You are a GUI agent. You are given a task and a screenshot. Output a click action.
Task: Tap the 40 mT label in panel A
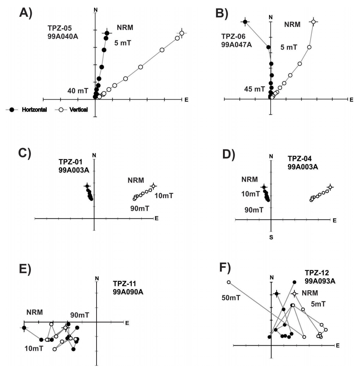78,91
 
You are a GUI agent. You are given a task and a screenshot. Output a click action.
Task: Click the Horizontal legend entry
34,110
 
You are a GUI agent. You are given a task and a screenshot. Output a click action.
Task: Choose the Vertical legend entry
78,110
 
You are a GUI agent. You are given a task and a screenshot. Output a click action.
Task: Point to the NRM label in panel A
125,28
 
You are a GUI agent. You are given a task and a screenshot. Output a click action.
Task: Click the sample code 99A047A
237,45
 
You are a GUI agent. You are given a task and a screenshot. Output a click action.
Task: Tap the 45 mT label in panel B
255,89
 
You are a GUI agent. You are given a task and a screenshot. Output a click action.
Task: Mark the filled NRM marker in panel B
245,22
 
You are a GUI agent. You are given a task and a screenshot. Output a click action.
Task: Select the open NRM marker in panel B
313,22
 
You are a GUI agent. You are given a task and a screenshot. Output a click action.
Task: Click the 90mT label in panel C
140,208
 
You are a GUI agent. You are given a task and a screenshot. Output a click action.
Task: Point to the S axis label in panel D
271,237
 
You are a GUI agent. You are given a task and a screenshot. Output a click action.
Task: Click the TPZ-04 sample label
300,159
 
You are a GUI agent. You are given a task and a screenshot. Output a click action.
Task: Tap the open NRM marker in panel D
330,187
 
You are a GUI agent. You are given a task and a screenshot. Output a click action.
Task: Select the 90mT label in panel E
79,315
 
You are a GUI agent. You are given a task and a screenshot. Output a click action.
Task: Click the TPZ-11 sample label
124,284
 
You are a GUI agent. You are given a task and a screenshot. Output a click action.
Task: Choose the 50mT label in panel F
231,298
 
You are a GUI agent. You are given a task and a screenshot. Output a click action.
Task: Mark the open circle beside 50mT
229,282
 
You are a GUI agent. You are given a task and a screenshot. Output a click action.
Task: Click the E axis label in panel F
337,345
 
